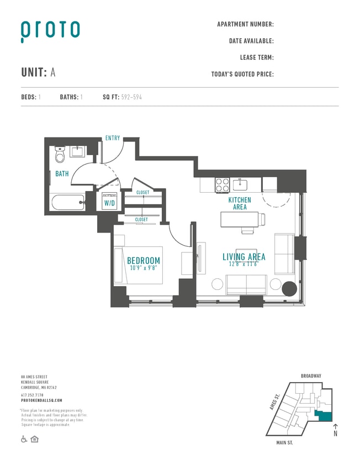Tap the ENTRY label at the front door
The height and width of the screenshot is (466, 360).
click(112, 138)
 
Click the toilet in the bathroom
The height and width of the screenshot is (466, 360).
click(61, 155)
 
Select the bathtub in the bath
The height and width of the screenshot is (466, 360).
click(68, 202)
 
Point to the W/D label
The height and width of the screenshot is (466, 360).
click(109, 202)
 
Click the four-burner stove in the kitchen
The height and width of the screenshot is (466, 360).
click(222, 184)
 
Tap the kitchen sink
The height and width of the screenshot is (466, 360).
click(241, 184)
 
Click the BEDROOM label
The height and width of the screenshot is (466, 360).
click(144, 261)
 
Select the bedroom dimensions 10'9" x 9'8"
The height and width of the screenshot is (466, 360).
click(144, 268)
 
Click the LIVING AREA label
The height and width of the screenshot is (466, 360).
click(243, 257)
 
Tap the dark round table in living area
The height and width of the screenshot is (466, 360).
click(289, 288)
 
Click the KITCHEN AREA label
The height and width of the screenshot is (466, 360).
click(240, 203)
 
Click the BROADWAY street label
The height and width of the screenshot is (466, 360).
click(311, 376)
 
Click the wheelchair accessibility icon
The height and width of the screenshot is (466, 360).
click(24, 439)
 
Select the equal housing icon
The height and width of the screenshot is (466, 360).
click(34, 439)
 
